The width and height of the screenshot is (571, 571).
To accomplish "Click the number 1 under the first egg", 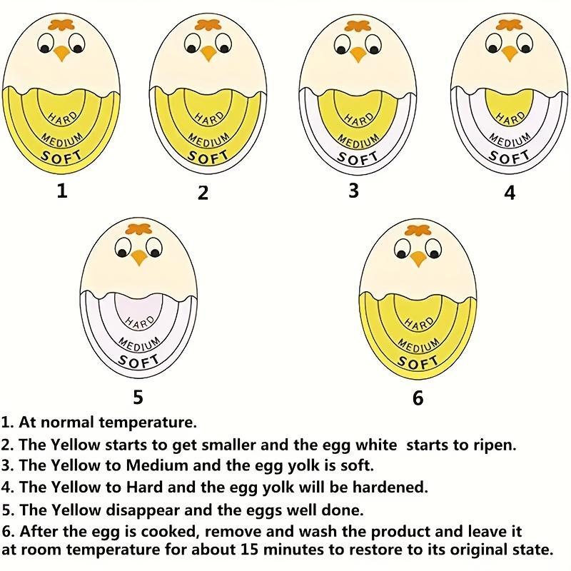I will [62, 191].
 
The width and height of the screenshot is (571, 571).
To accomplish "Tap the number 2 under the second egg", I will [203, 193].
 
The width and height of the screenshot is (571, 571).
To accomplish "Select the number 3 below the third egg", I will [353, 191].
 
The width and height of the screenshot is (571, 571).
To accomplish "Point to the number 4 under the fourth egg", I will [510, 193].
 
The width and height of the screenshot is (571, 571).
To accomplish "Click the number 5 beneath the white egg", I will [138, 396].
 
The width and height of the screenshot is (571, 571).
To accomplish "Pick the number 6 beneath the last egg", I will [418, 398].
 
